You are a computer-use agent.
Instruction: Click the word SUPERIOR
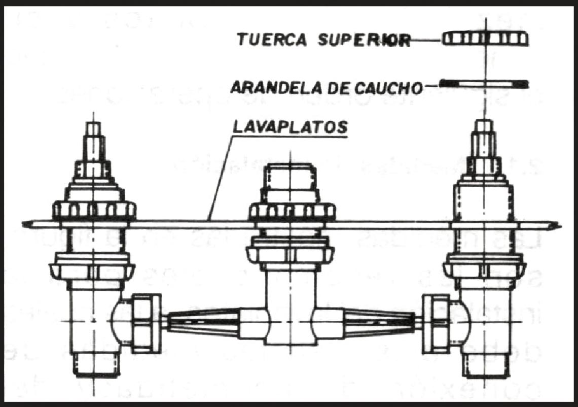(x=364, y=41)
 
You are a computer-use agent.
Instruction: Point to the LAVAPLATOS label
(x=291, y=127)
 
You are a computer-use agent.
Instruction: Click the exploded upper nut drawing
(x=485, y=38)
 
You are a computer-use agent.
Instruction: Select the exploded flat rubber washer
(x=484, y=83)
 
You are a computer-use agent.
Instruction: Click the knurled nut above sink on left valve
(x=94, y=209)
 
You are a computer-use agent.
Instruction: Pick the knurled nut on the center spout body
(x=291, y=211)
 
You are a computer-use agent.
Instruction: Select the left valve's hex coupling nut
(x=146, y=323)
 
